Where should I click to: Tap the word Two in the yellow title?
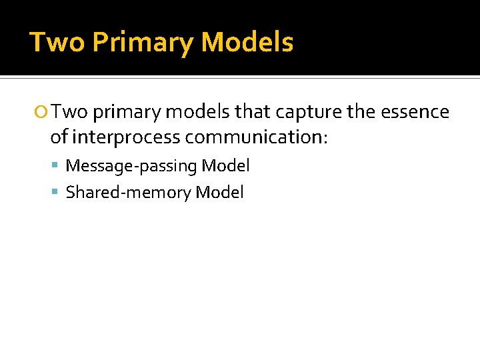click(x=58, y=43)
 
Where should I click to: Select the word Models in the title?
click(x=247, y=43)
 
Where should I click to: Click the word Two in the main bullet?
click(x=70, y=112)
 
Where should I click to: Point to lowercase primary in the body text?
click(x=127, y=113)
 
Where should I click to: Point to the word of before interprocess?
click(x=59, y=137)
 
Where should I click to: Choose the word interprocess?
click(x=125, y=137)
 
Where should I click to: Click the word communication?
click(x=256, y=137)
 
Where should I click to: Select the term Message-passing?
click(x=131, y=166)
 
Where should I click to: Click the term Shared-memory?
click(x=129, y=193)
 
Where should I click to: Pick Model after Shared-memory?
click(x=220, y=193)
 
